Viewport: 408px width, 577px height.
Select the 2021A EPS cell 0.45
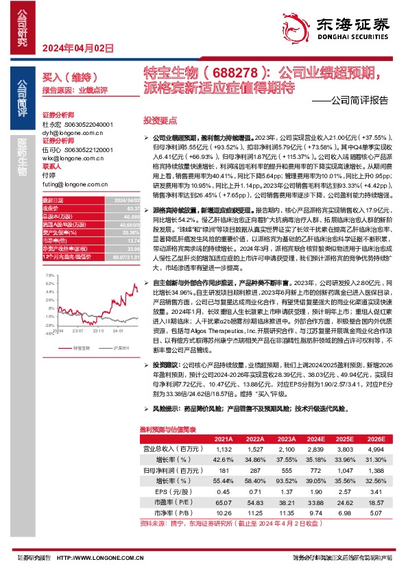(x=224, y=491)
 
